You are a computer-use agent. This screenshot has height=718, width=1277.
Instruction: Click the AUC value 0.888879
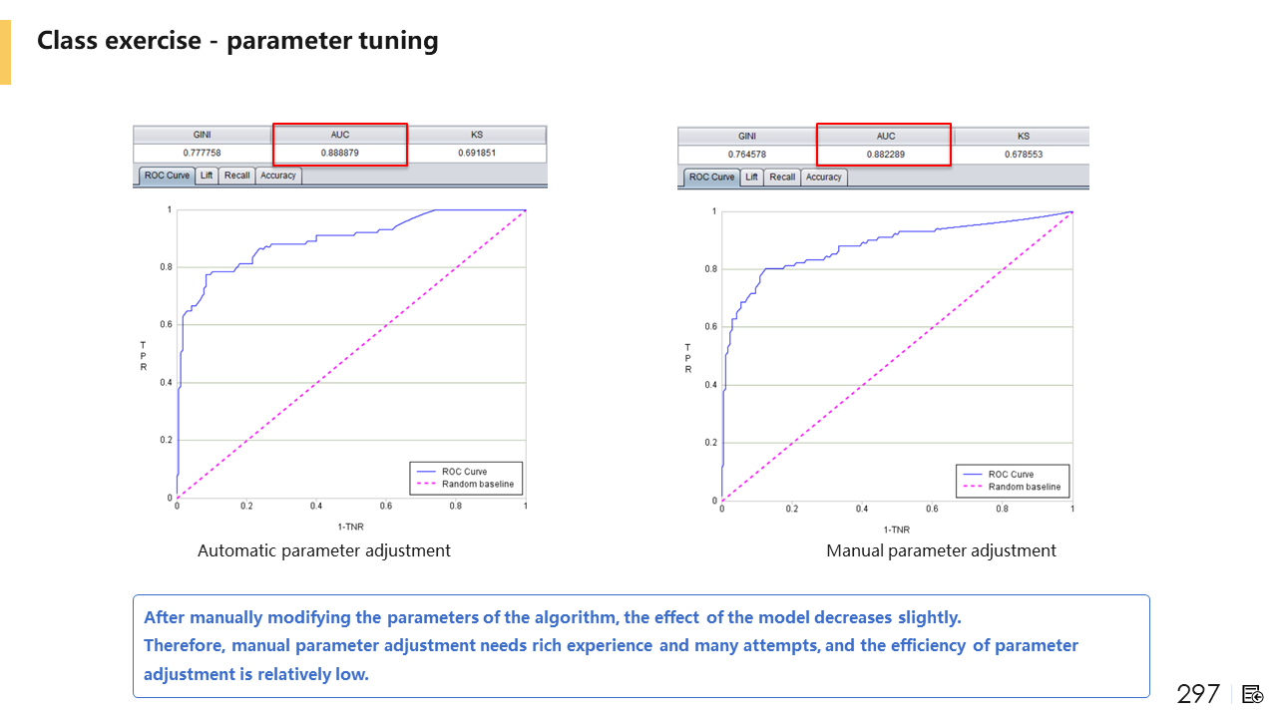tap(340, 153)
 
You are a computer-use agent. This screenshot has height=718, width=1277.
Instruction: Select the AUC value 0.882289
tap(885, 155)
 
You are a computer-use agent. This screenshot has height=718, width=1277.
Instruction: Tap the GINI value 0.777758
tap(202, 153)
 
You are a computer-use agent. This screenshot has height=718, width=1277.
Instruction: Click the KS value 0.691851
tap(477, 153)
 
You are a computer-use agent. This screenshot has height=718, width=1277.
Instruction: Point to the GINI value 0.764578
tap(746, 155)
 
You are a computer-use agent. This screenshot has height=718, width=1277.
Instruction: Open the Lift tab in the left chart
tap(207, 176)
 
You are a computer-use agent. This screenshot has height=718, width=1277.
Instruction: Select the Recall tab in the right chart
tap(782, 178)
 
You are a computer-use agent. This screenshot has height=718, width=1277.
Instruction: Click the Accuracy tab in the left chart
tap(278, 176)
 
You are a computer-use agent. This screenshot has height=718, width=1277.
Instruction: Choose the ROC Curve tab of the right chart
tap(710, 178)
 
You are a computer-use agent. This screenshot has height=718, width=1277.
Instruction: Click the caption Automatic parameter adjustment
tap(324, 550)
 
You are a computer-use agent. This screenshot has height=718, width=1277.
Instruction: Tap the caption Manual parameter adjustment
tap(941, 550)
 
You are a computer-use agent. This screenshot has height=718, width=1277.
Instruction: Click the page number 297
tap(1198, 694)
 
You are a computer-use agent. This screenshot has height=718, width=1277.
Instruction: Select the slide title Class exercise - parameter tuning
tap(237, 41)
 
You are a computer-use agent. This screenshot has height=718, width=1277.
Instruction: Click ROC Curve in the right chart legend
tap(1011, 475)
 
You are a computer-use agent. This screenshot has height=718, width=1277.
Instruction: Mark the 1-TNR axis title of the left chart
tap(350, 526)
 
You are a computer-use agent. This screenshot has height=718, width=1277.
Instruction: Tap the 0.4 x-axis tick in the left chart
tap(316, 507)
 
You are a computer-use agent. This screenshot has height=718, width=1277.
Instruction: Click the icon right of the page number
tap(1253, 694)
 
